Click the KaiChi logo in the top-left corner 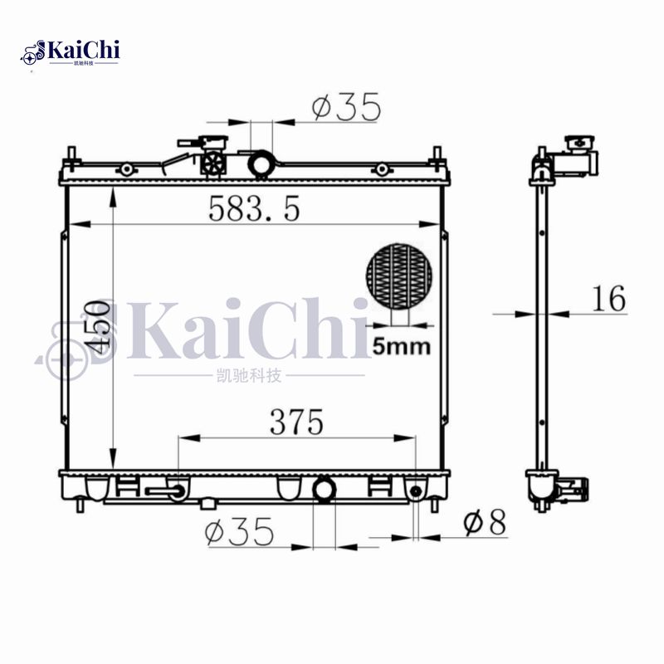71,52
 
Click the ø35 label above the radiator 346,107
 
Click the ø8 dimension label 485,523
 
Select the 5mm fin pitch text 402,346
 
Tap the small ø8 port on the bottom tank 416,493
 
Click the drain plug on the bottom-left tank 167,492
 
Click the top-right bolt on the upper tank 381,169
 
